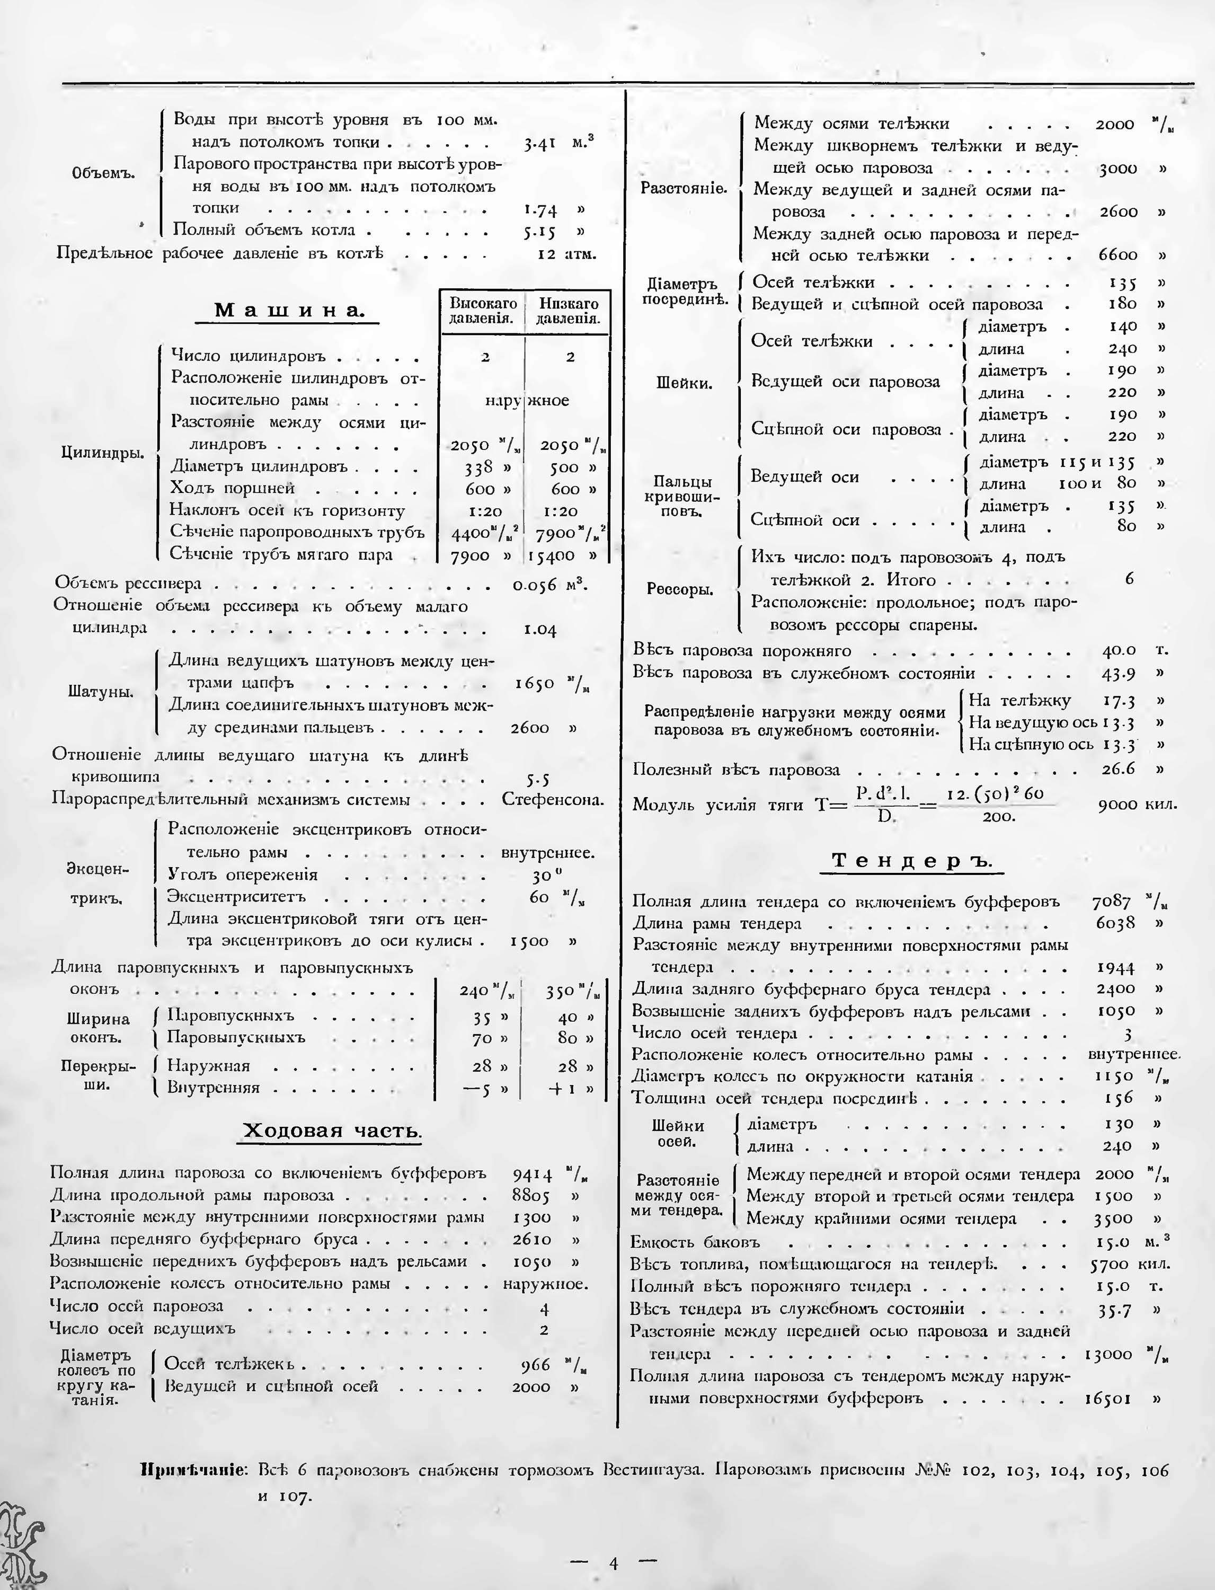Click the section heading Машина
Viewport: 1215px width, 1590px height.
tap(287, 311)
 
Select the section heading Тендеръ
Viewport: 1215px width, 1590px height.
tap(912, 860)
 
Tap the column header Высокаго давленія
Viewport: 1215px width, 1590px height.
tap(482, 311)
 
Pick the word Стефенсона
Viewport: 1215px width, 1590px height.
tap(553, 800)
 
